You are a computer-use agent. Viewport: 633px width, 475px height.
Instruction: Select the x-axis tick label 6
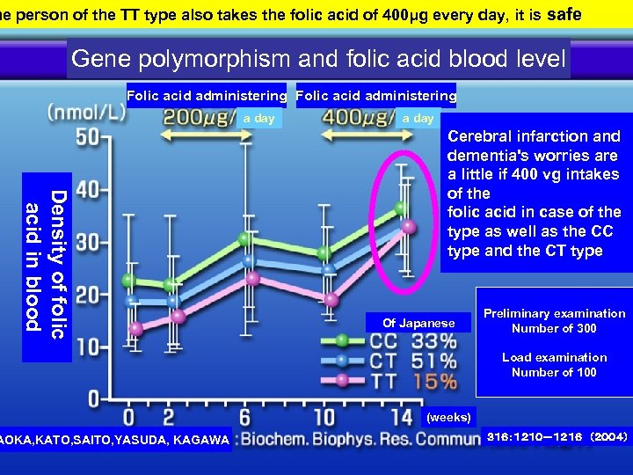pos(245,415)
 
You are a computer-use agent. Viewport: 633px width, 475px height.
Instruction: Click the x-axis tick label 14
pos(401,415)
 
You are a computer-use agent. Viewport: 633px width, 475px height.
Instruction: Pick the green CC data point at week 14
pos(401,208)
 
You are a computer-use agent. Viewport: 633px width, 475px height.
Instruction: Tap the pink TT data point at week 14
pos(408,227)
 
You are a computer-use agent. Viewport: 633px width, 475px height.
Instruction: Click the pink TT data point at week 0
pos(135,329)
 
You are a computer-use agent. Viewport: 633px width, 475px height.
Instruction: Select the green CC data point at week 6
pos(245,238)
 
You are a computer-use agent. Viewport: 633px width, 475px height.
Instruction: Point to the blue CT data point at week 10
pos(328,270)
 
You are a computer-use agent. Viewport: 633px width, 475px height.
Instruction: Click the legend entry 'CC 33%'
pos(413,340)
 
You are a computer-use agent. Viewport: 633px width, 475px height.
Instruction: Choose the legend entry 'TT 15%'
pos(413,382)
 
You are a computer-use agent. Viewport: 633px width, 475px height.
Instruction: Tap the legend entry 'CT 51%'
pos(413,362)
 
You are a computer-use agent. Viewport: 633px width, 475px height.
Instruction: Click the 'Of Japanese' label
pos(418,323)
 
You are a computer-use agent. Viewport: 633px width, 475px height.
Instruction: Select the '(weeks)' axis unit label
pos(448,416)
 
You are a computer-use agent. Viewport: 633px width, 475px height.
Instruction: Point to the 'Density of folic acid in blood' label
pos(46,260)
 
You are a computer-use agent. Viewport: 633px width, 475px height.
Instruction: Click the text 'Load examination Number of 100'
pos(554,364)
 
